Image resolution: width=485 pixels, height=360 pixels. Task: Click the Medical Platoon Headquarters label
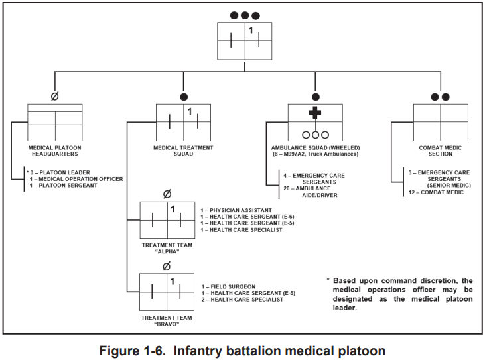click(x=54, y=150)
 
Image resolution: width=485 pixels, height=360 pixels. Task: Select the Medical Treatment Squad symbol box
click(x=184, y=122)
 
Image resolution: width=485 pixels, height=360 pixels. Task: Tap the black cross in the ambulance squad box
click(x=315, y=113)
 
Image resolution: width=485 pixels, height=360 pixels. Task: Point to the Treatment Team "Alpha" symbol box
click(x=167, y=220)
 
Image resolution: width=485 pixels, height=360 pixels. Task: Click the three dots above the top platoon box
click(x=245, y=15)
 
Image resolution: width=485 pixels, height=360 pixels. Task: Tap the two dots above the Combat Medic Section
click(x=440, y=97)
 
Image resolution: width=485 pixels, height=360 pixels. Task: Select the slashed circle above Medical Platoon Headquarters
click(x=54, y=96)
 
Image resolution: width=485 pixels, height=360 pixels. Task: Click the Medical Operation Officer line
click(x=76, y=178)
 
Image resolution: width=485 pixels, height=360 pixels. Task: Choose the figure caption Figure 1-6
click(x=242, y=349)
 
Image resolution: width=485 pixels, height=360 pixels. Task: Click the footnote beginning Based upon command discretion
click(x=399, y=294)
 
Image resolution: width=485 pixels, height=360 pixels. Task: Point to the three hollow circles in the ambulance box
click(x=315, y=134)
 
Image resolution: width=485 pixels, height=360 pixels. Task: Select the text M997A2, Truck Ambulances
click(x=315, y=154)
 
